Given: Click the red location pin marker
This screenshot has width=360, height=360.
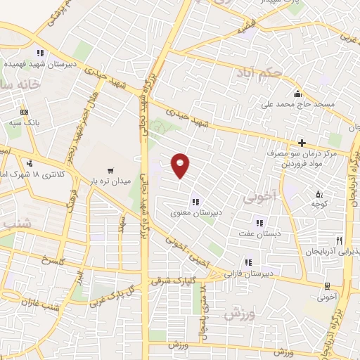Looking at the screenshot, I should coord(181,165).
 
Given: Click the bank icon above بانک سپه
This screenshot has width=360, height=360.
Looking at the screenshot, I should coord(25,112).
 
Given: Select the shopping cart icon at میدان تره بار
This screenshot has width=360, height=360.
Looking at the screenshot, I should coord(110,171).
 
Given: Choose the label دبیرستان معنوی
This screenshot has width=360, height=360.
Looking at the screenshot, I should coord(195,210).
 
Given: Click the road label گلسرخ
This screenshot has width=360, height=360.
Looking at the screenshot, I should coord(53,261).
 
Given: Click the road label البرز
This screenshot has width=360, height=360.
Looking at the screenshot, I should coord(82,279).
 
